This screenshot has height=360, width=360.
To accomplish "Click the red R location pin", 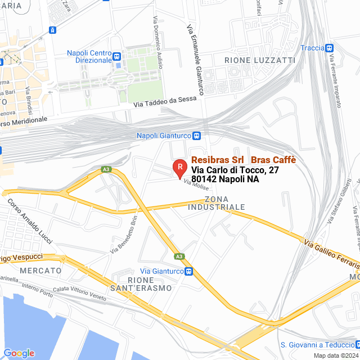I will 179,167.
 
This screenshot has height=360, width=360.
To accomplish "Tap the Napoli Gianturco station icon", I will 197,136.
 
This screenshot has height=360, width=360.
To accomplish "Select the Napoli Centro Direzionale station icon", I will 116,56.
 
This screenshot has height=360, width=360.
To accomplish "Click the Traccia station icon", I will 330,48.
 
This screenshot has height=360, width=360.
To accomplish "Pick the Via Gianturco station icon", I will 190,256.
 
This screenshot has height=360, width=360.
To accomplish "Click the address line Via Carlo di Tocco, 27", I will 235,170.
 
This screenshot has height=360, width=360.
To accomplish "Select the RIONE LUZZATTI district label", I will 251,60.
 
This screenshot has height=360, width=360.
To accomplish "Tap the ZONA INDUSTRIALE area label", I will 225,203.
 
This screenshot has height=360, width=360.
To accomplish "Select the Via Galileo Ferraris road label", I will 331,244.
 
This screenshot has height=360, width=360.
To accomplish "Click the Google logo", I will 19,353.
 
